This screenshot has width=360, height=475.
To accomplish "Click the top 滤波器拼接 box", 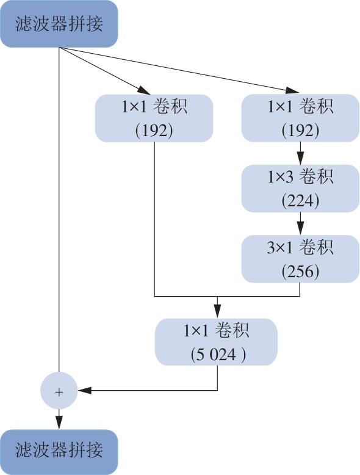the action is pyautogui.click(x=59, y=24).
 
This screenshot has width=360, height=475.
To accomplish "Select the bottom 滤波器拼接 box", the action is pyautogui.click(x=59, y=452).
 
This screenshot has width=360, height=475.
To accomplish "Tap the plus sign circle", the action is pyautogui.click(x=59, y=391).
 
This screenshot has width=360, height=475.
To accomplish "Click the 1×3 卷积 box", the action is pyautogui.click(x=300, y=189).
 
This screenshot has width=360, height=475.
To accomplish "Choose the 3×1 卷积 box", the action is pyautogui.click(x=300, y=259).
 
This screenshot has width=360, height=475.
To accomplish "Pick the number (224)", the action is pyautogui.click(x=300, y=200).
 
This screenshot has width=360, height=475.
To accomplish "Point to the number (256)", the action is pyautogui.click(x=300, y=271).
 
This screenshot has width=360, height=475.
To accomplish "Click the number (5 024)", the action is pyautogui.click(x=218, y=354).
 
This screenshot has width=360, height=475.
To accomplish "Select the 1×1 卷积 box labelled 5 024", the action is pyautogui.click(x=216, y=342).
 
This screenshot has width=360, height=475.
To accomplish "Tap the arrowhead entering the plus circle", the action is pyautogui.click(x=84, y=391).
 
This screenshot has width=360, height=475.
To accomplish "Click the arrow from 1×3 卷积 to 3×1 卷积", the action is pyautogui.click(x=300, y=223).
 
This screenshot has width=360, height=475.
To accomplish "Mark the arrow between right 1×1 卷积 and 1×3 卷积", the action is pyautogui.click(x=300, y=153).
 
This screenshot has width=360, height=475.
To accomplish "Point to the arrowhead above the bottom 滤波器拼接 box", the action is pyautogui.click(x=59, y=422).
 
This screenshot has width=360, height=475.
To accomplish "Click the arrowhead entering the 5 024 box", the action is pyautogui.click(x=217, y=311).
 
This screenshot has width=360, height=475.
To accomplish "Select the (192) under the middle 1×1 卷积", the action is pyautogui.click(x=154, y=131).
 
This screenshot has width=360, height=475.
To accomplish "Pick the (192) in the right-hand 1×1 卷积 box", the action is pyautogui.click(x=300, y=131).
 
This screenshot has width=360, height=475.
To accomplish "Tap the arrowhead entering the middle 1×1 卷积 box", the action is pyautogui.click(x=143, y=90).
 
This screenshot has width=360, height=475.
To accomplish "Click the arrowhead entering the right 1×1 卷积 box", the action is pyautogui.click(x=292, y=90).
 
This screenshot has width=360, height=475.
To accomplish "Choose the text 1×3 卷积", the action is pyautogui.click(x=300, y=176).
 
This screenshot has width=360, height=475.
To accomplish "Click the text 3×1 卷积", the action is pyautogui.click(x=300, y=247).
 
